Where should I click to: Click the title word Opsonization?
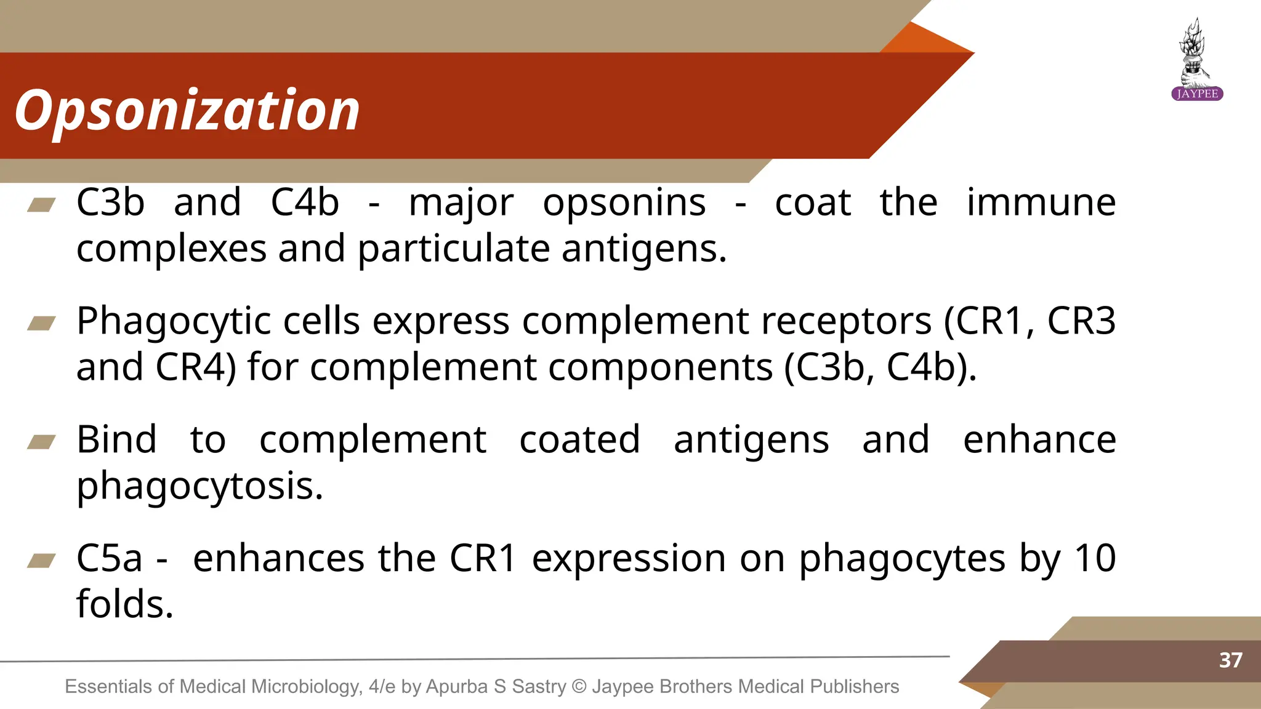point(187,111)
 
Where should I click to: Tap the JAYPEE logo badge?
point(1196,94)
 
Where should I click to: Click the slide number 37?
point(1230,660)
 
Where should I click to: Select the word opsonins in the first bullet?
point(624,203)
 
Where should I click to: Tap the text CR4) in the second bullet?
point(196,367)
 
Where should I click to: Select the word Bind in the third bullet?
point(116,440)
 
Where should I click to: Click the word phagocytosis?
point(199,486)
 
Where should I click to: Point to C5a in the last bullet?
point(109,559)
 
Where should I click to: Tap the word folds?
point(125,604)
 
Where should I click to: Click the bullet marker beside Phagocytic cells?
point(42,323)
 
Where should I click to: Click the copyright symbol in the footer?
point(579,686)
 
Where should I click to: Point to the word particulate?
point(454,249)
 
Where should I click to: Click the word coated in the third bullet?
point(579,440)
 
